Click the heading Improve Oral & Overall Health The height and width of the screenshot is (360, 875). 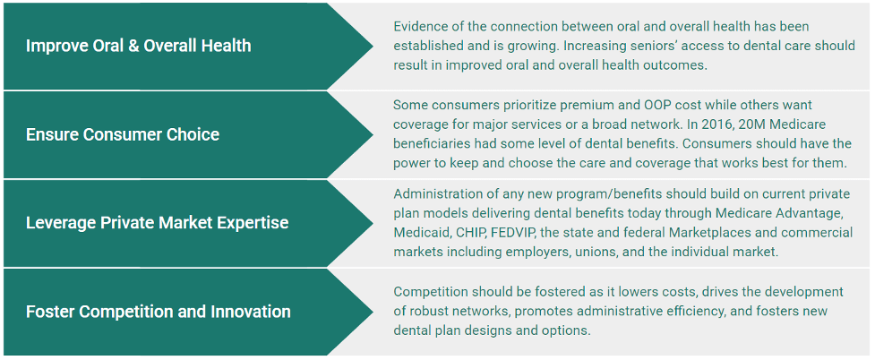tap(138, 46)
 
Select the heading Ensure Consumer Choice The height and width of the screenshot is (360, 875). tap(122, 134)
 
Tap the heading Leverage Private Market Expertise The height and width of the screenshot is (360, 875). tap(157, 223)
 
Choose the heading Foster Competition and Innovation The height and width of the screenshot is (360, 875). tap(158, 312)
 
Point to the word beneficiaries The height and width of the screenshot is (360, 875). tap(436, 144)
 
